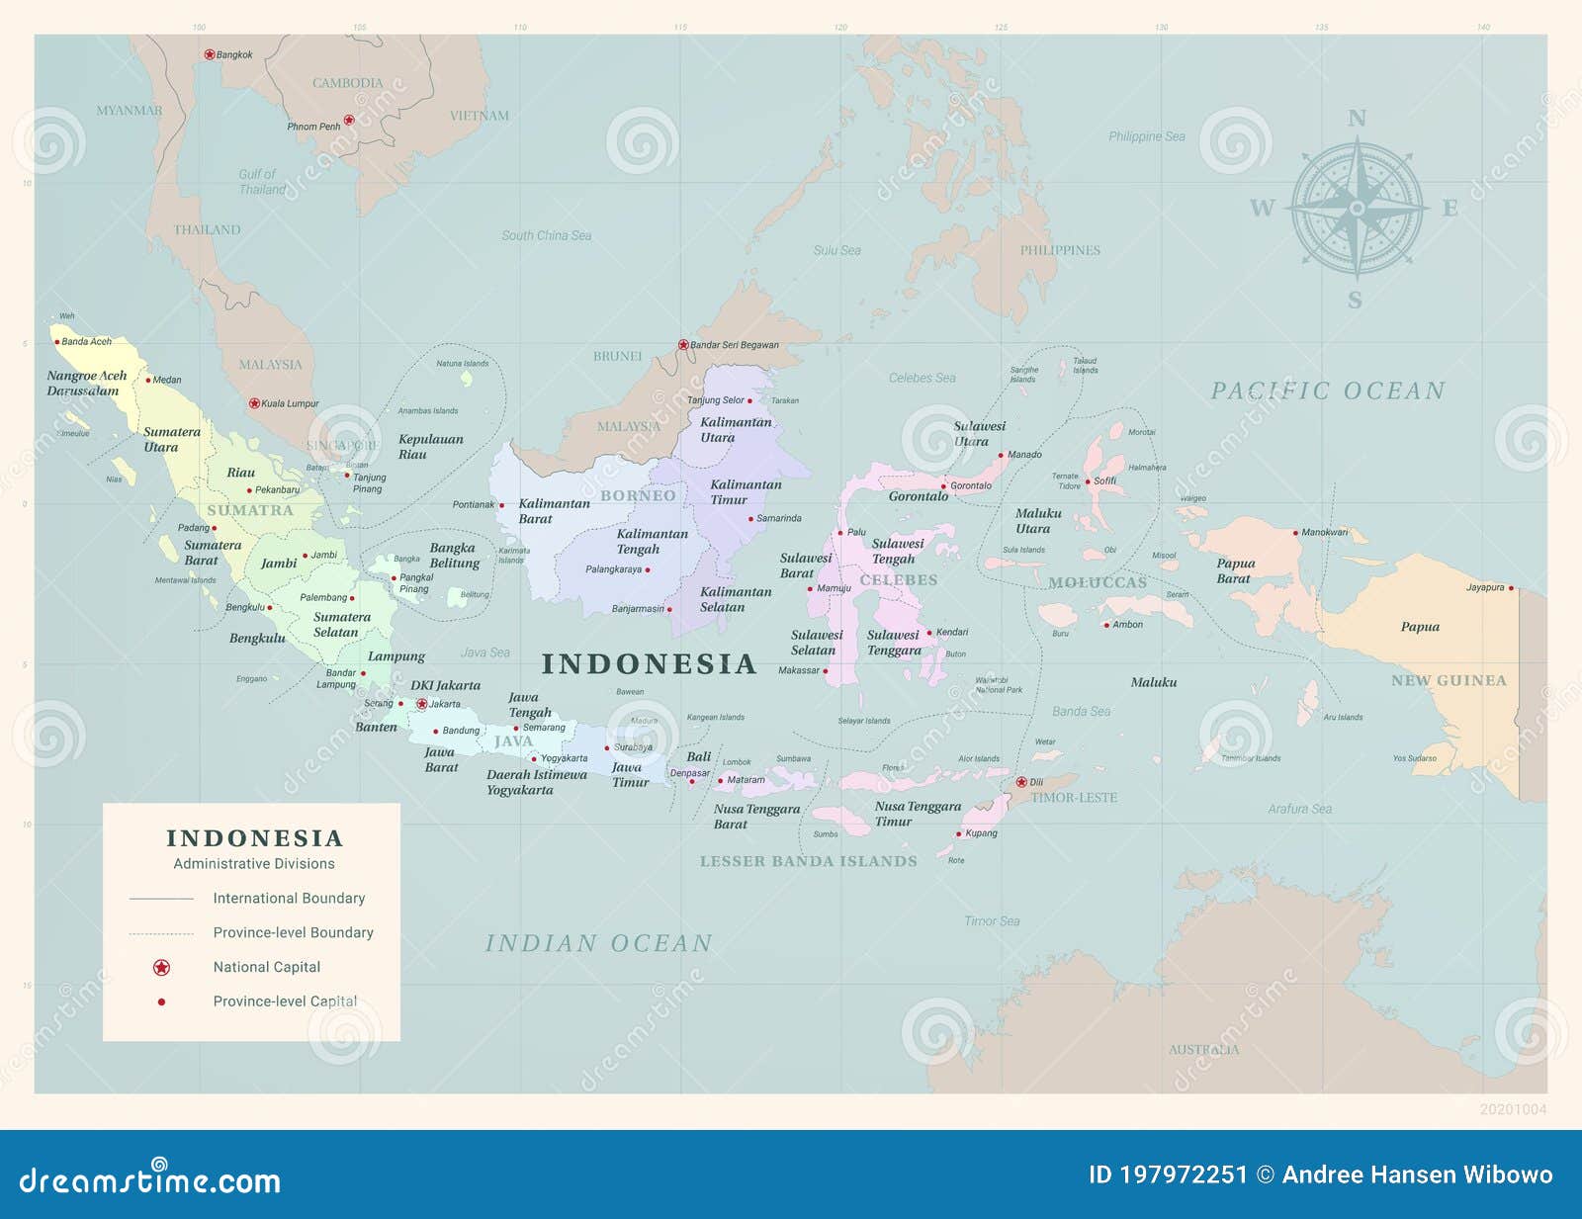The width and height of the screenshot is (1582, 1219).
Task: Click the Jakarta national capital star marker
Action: [x=422, y=705]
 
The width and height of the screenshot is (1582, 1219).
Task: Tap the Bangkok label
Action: [x=234, y=55]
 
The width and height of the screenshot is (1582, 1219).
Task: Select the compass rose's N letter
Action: [x=1357, y=119]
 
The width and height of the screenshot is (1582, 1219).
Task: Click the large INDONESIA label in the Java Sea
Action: [x=649, y=663]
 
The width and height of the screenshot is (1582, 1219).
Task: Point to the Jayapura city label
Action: [x=1484, y=587]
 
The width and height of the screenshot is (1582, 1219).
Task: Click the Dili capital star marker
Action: [x=1021, y=781]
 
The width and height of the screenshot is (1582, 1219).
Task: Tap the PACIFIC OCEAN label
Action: [x=1328, y=392]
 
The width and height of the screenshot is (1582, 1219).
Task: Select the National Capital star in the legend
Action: [x=161, y=967]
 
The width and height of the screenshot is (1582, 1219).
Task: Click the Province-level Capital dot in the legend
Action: [x=161, y=1001]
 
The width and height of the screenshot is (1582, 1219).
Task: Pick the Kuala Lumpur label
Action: [x=290, y=403]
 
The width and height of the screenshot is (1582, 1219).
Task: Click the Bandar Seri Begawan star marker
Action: [x=683, y=345]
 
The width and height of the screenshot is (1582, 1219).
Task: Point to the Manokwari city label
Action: [x=1325, y=532]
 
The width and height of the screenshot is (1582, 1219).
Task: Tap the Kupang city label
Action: [x=981, y=833]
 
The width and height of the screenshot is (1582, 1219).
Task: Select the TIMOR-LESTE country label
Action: [x=1074, y=798]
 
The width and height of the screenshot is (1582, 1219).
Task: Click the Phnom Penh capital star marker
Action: [x=349, y=121]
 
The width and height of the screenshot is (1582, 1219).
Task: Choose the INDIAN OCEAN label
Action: [x=598, y=943]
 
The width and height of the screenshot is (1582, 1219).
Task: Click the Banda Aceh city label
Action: [x=87, y=342]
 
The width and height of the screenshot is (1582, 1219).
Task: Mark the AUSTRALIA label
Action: [x=1203, y=1049]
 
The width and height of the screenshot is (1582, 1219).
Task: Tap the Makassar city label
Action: [x=799, y=670]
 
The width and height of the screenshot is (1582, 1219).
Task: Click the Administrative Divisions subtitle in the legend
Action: [x=254, y=864]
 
